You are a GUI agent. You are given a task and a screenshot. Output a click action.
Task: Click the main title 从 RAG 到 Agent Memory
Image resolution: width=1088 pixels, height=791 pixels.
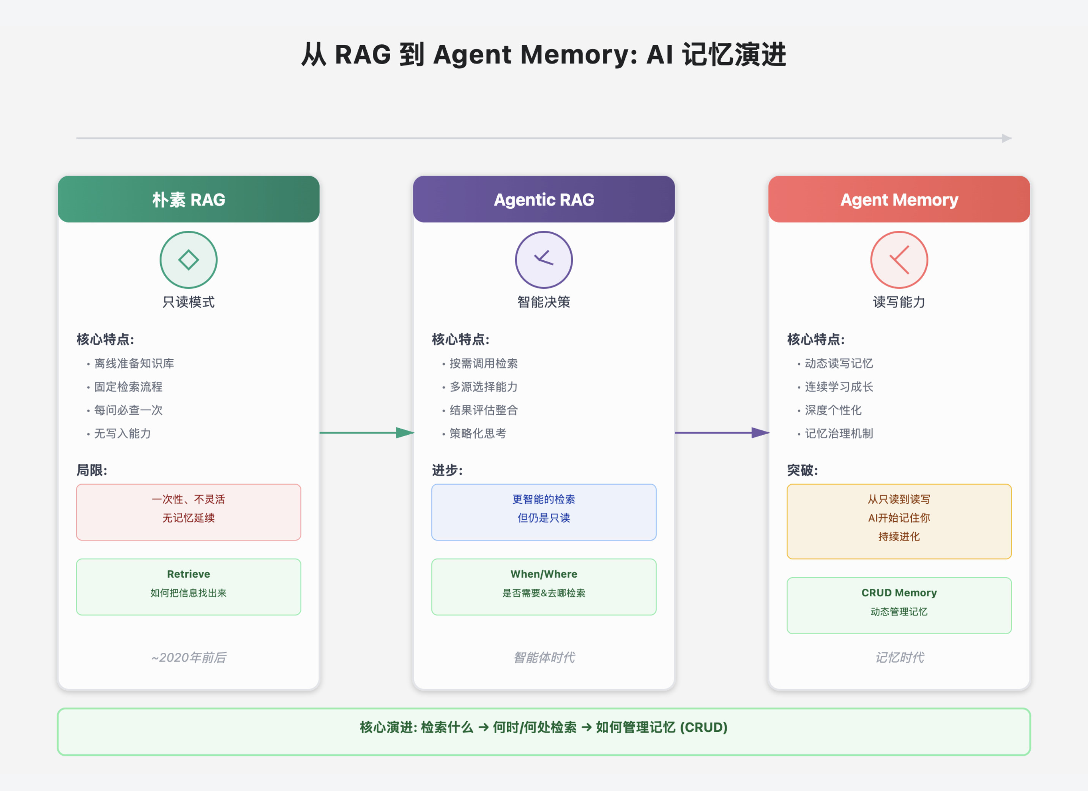click(544, 54)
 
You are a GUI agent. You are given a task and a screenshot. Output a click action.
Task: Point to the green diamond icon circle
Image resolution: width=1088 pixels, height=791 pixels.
click(189, 260)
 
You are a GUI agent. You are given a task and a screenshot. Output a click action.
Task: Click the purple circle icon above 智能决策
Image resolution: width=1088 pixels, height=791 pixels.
click(544, 260)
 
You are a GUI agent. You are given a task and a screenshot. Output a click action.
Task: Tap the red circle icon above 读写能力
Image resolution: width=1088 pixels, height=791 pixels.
click(899, 260)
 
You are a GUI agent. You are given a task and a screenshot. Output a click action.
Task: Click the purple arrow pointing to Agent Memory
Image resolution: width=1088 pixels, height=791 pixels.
click(722, 433)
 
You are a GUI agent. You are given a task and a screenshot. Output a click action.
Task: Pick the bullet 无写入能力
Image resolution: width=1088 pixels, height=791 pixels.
click(122, 433)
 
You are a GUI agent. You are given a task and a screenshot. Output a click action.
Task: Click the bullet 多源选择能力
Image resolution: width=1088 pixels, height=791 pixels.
click(483, 387)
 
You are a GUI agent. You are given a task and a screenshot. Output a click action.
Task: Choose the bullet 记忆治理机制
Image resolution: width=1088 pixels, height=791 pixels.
click(839, 433)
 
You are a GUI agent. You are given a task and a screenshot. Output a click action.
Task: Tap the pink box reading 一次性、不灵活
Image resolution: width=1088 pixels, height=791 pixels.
click(189, 512)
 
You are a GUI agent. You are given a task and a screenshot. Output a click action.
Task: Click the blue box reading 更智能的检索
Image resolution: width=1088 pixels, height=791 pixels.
click(544, 512)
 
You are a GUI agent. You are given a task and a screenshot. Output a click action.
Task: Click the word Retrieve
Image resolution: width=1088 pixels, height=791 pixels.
click(189, 574)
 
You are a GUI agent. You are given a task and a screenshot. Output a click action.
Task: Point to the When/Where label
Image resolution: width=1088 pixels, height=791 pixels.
click(544, 574)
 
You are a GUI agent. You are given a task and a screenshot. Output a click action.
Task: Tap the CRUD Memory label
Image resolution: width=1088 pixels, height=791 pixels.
click(899, 592)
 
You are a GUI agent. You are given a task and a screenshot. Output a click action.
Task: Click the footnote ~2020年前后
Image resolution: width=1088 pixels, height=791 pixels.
click(189, 657)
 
